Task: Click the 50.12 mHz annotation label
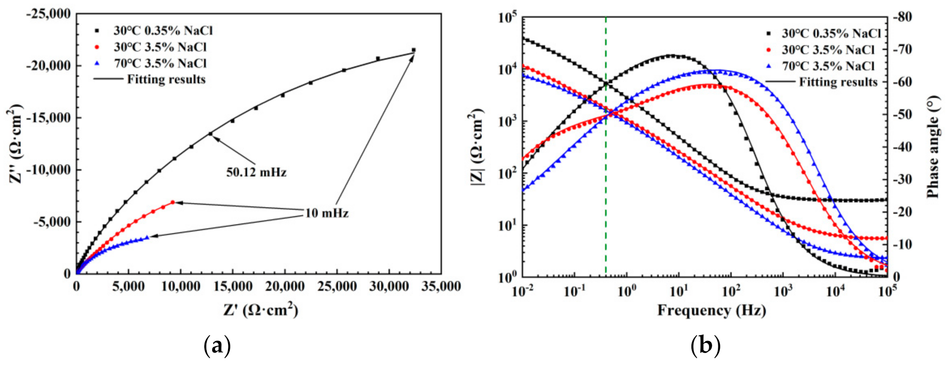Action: [256, 172]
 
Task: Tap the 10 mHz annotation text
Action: [326, 213]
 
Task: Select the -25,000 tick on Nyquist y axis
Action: [48, 14]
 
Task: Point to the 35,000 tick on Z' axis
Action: [441, 287]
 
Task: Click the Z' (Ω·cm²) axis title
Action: [260, 310]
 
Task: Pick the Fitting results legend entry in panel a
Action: [166, 80]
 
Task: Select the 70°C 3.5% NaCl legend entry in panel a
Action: [160, 63]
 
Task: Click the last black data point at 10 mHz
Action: [413, 50]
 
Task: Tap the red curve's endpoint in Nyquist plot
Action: [173, 202]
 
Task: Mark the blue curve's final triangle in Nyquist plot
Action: [147, 237]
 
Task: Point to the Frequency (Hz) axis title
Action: [711, 310]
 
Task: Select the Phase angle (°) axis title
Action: [933, 147]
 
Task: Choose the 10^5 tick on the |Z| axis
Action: [507, 18]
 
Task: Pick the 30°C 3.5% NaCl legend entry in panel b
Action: [828, 50]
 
